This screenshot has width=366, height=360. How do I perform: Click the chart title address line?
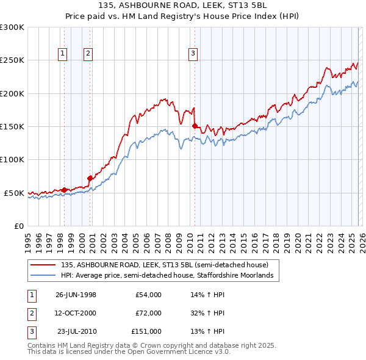pyautogui.click(x=183, y=5)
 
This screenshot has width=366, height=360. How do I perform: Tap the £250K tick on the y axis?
pyautogui.click(x=12, y=60)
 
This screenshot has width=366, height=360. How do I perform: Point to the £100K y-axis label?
pyautogui.click(x=12, y=159)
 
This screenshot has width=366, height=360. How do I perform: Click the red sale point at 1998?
pyautogui.click(x=65, y=190)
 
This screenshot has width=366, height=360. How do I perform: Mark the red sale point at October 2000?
pyautogui.click(x=90, y=178)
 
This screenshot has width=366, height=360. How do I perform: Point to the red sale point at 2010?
pyautogui.click(x=195, y=126)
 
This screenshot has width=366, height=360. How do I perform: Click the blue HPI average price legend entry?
pyautogui.click(x=170, y=276)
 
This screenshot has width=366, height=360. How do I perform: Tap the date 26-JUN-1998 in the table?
pyautogui.click(x=76, y=295)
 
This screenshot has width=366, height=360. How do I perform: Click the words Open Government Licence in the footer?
pyautogui.click(x=180, y=352)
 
